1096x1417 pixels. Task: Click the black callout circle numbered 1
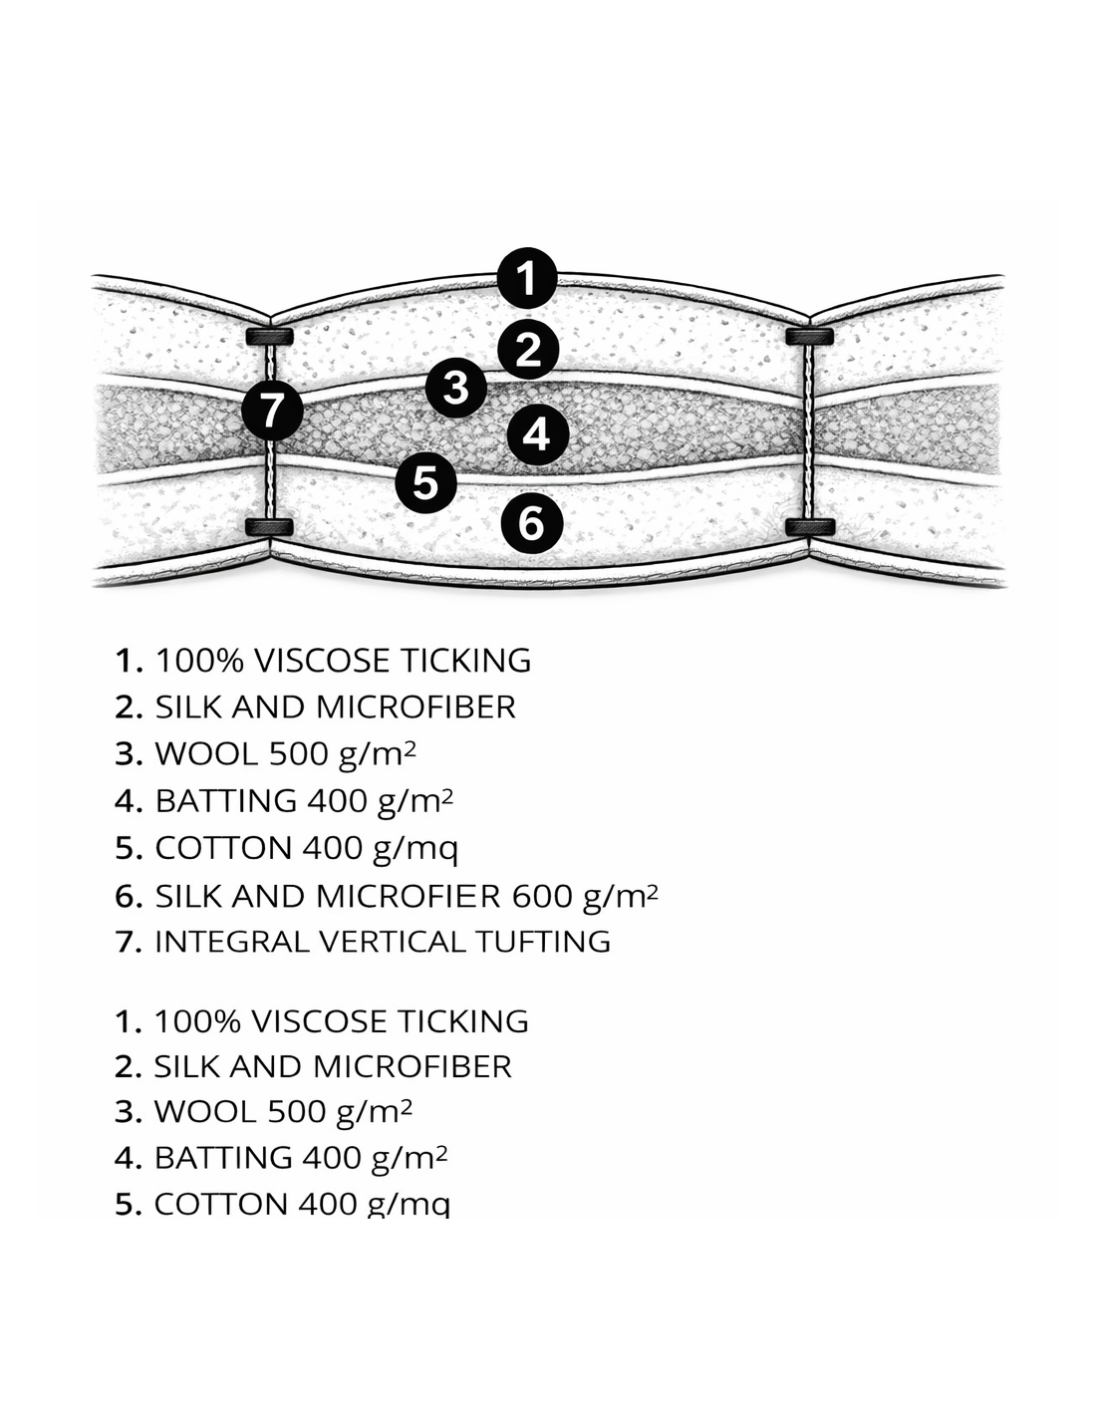click(x=528, y=277)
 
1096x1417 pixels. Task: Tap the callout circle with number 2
click(x=528, y=349)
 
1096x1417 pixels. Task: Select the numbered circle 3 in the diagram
click(x=455, y=387)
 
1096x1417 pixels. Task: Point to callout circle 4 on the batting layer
click(x=537, y=433)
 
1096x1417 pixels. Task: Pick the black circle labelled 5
click(x=425, y=482)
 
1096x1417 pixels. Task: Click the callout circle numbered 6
click(x=531, y=522)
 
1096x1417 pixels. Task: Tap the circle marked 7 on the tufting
click(x=273, y=410)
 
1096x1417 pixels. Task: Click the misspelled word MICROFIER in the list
click(x=408, y=896)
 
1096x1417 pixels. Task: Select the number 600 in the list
click(x=542, y=896)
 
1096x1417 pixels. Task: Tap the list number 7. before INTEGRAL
click(x=130, y=942)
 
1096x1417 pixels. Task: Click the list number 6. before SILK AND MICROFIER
click(x=130, y=896)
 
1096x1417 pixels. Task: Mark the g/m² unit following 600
click(x=620, y=896)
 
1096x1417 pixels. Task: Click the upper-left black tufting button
click(x=268, y=335)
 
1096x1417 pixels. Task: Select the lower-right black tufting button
click(x=809, y=526)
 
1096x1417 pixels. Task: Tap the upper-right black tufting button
click(x=809, y=336)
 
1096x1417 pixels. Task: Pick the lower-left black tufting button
click(x=268, y=526)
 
